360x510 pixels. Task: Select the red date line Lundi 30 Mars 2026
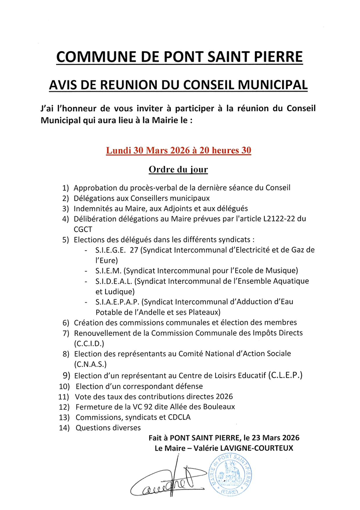178,151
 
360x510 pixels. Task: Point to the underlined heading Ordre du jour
178,169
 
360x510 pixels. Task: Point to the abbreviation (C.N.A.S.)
89,364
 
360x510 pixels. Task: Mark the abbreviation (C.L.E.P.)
286,375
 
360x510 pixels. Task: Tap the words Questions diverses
108,428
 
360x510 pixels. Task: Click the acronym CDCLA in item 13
181,417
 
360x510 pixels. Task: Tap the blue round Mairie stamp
230,474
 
